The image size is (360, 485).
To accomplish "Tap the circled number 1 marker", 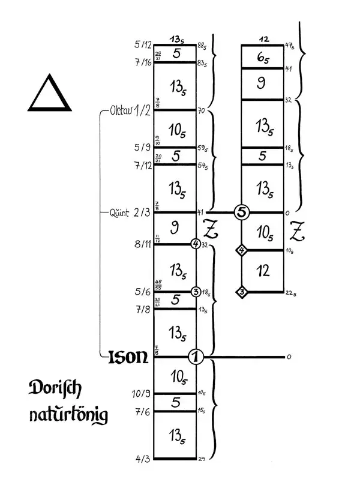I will [196, 357].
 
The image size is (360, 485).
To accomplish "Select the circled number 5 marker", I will [242, 212].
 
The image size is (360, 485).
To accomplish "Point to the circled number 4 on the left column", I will [196, 244].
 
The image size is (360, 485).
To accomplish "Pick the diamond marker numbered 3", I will [242, 292].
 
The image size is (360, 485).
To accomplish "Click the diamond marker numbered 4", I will [242, 250].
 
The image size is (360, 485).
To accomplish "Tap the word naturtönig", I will [68, 415].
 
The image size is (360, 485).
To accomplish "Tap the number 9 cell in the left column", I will [175, 228].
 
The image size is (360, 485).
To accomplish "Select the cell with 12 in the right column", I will [263, 272].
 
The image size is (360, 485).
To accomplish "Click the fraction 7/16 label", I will [143, 61].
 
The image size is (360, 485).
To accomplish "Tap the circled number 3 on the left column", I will [196, 292].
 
